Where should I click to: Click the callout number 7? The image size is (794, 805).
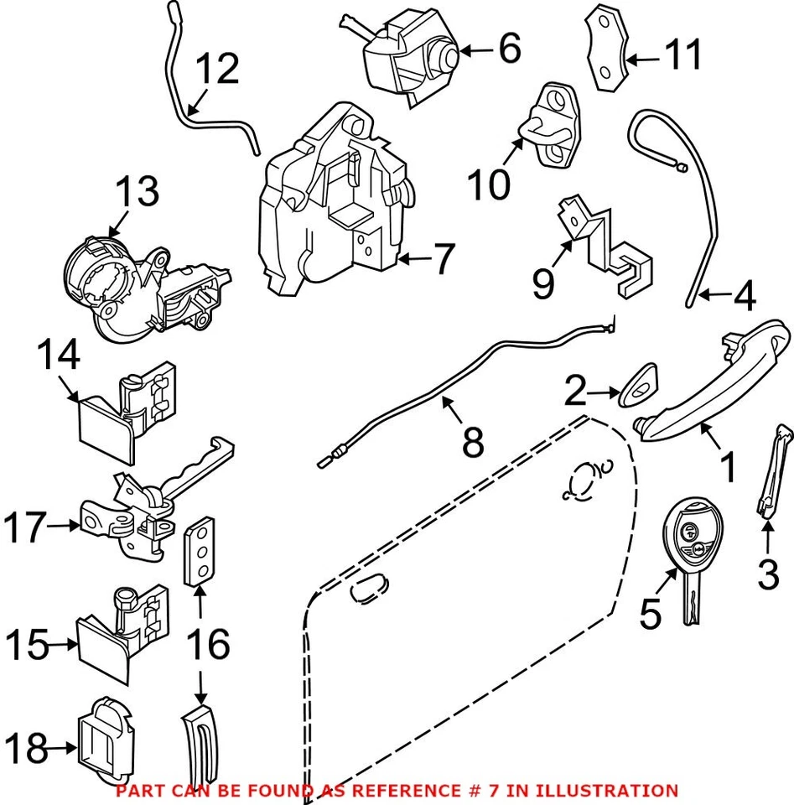tap(443, 260)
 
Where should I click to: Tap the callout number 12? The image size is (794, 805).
tap(216, 70)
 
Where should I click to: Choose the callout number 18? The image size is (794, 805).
tap(25, 749)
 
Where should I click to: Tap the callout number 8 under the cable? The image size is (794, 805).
tap(473, 441)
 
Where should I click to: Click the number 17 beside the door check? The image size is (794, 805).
tap(23, 528)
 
